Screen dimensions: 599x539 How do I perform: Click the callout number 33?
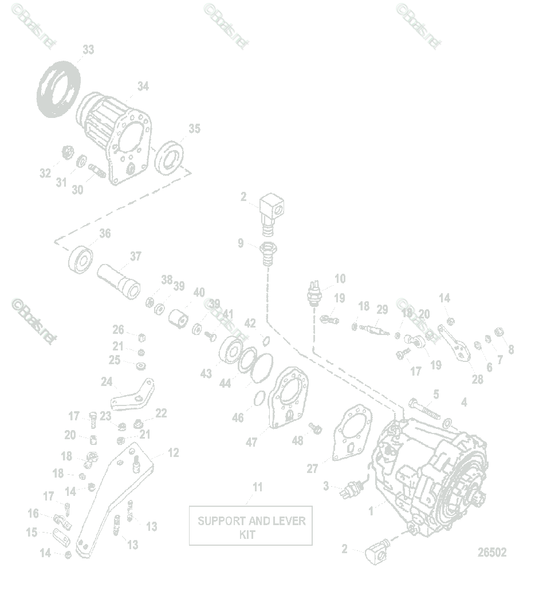[88, 50]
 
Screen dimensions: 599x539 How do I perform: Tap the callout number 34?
[143, 86]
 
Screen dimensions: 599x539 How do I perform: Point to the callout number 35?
[195, 128]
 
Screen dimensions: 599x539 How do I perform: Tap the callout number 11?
[258, 487]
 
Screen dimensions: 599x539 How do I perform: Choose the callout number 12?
[174, 452]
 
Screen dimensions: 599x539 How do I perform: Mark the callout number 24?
[107, 381]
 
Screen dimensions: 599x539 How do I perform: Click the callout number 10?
[340, 279]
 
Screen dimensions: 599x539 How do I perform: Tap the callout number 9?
[241, 243]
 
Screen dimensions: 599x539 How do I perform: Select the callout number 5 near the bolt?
[436, 394]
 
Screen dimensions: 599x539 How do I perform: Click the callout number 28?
[477, 379]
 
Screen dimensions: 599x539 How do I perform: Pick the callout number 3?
[326, 486]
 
